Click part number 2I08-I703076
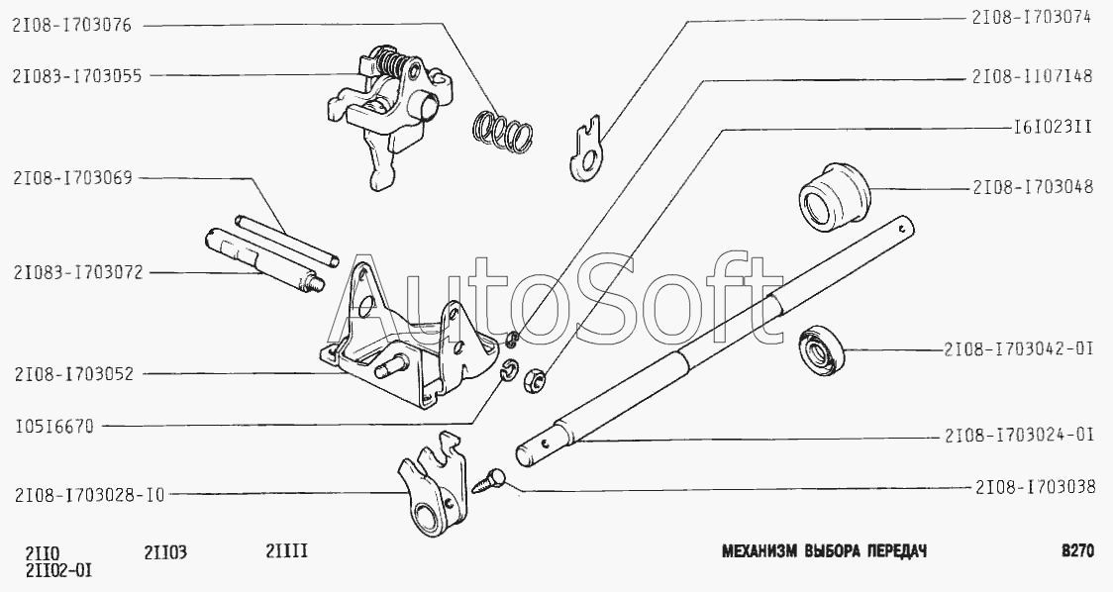(x=71, y=26)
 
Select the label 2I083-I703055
(x=76, y=75)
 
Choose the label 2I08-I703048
(x=1033, y=189)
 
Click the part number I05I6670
(x=53, y=427)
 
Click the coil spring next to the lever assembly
(x=503, y=132)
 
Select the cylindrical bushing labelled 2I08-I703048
(x=835, y=193)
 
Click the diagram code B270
(x=1076, y=550)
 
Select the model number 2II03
(x=165, y=550)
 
